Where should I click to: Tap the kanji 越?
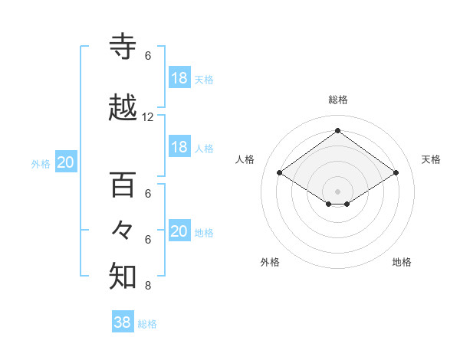123,110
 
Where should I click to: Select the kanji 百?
123,185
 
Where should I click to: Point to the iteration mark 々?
123,231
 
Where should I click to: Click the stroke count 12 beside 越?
148,117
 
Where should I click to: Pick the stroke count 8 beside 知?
148,286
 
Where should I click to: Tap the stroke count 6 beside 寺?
148,56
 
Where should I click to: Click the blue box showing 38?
123,322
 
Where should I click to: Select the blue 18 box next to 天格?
179,78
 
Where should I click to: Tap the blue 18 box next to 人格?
179,147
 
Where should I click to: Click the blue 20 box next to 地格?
179,231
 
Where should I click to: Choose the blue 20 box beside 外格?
66,162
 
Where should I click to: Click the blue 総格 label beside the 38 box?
147,324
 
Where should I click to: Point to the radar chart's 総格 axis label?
337,100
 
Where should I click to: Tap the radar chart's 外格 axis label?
270,262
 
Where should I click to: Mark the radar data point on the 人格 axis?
280,173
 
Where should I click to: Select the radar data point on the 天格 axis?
396,173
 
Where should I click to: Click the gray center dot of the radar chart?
337,190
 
